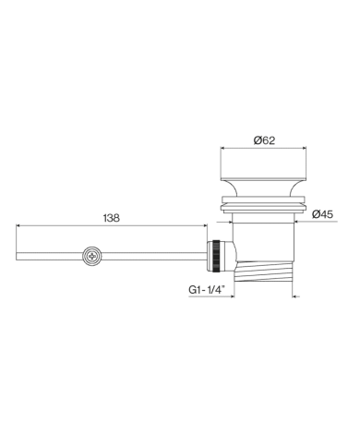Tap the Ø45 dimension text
coord(322,214)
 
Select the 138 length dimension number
coord(111,218)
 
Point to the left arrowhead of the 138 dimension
coord(19,226)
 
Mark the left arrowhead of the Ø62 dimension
coord(220,150)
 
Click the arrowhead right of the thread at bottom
coord(294,296)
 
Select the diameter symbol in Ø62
coord(257,140)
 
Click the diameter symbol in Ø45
coord(315,214)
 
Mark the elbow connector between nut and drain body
coord(232,255)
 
